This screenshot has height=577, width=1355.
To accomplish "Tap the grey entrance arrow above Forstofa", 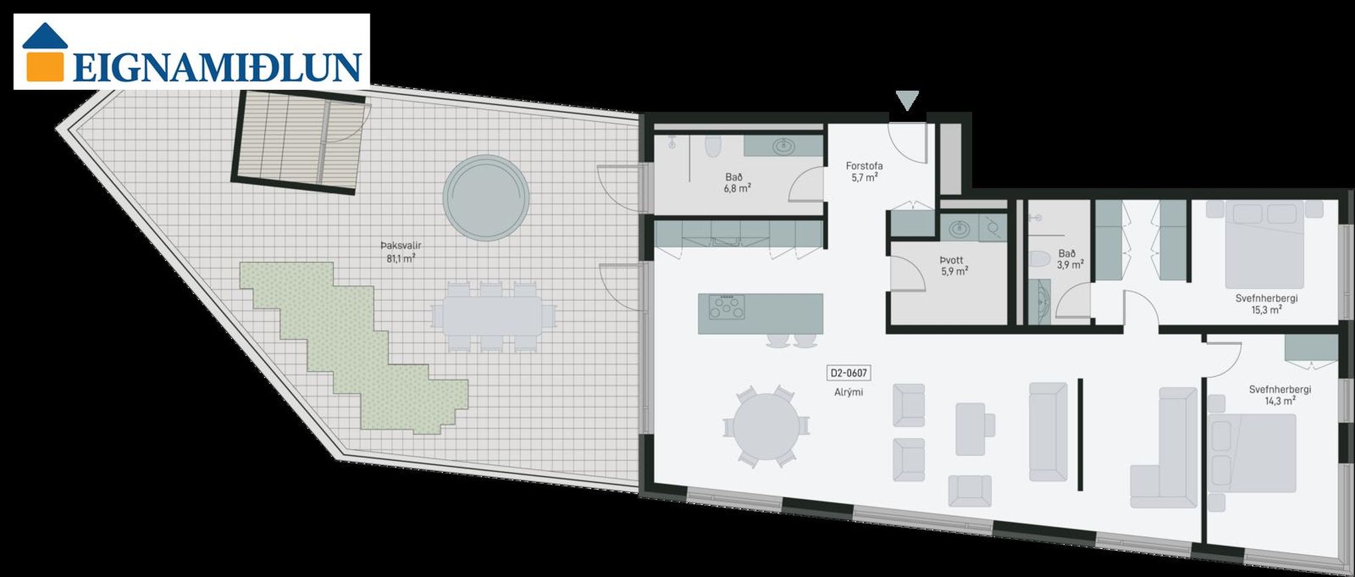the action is (x=907, y=100).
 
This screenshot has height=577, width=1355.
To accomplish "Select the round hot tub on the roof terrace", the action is (x=486, y=198).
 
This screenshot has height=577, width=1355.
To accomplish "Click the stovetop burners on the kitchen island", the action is (x=726, y=307).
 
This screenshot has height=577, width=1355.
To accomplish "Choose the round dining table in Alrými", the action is (x=766, y=427).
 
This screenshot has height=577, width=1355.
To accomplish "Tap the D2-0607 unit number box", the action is (x=848, y=373).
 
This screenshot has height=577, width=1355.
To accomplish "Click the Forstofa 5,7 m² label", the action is (x=864, y=172).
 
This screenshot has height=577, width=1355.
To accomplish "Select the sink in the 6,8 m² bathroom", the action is (x=784, y=145).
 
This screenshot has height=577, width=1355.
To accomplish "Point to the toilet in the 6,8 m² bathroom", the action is (x=713, y=146).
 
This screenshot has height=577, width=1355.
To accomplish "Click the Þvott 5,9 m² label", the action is (x=953, y=266).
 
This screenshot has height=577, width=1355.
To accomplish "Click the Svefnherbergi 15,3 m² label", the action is (x=1267, y=304).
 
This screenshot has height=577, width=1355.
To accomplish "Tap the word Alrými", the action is (x=848, y=393).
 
